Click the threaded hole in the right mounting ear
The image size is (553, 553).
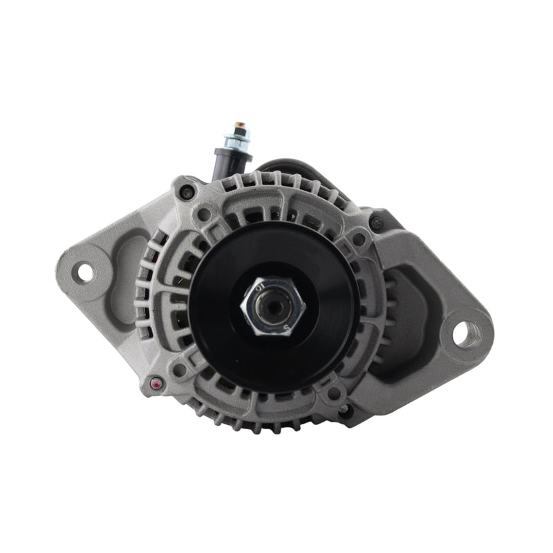pos(462,334)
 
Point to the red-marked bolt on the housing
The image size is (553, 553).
pos(155,382)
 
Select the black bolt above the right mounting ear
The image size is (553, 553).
pos(376,223)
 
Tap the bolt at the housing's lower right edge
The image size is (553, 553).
pos(344,409)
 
